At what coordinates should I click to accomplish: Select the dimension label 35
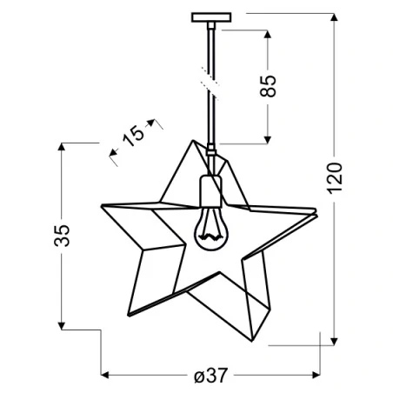62,235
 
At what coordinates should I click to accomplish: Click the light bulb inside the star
209,230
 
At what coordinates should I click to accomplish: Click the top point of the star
193,141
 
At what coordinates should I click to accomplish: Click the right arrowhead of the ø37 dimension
314,375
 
